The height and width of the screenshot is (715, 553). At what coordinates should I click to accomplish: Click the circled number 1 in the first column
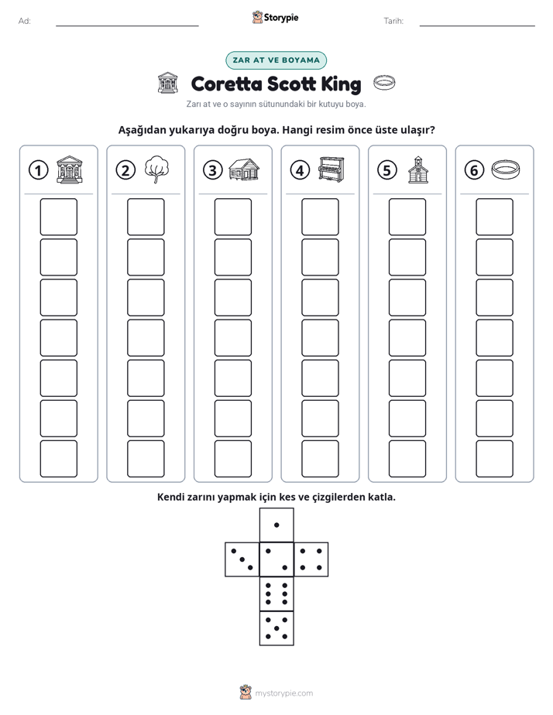click(38, 170)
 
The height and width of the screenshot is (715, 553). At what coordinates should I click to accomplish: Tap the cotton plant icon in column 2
click(156, 169)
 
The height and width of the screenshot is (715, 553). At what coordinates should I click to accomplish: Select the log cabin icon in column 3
click(244, 169)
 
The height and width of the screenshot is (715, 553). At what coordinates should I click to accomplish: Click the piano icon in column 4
click(331, 169)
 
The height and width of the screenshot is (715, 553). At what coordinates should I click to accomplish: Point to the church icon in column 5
click(418, 169)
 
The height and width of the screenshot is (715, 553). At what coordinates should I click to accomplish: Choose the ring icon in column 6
click(506, 169)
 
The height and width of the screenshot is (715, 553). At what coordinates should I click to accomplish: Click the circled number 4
click(300, 170)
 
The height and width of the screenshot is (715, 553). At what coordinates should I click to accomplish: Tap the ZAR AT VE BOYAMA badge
click(276, 60)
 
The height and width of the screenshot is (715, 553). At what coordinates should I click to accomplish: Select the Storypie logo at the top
click(275, 18)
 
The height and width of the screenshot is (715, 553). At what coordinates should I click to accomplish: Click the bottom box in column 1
click(58, 459)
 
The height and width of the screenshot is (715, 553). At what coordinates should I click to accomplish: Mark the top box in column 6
click(494, 217)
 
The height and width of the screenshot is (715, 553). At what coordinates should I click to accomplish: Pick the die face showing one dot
click(276, 525)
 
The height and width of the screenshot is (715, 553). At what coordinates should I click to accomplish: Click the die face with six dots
click(276, 594)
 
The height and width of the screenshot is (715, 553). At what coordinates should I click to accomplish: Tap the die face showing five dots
click(276, 628)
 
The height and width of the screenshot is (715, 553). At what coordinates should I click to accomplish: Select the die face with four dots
click(311, 559)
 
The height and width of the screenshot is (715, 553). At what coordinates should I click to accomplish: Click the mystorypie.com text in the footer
click(283, 693)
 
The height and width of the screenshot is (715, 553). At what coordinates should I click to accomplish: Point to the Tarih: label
click(393, 21)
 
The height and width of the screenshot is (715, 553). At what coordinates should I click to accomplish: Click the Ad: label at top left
click(25, 21)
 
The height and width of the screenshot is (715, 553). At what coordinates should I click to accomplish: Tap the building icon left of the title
click(167, 83)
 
